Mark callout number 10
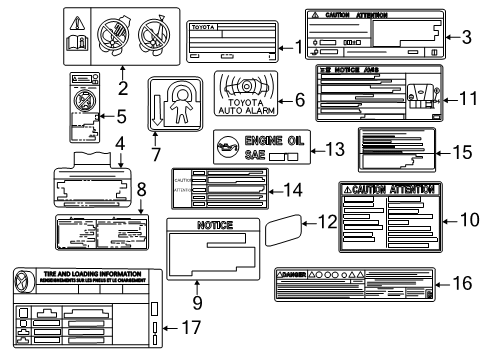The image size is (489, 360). click(466, 217)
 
